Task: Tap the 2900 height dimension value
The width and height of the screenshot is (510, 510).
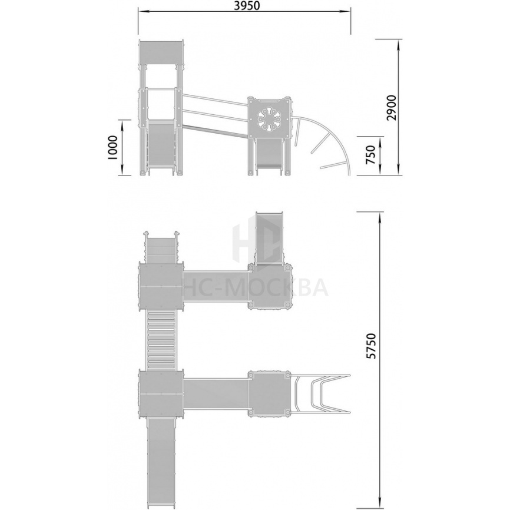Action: tap(392, 108)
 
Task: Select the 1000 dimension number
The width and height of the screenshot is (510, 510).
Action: tap(112, 147)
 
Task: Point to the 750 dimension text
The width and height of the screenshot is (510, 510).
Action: tap(371, 155)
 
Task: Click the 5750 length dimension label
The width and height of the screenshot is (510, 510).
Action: tap(371, 346)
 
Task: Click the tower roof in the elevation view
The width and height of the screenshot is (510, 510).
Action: tap(161, 52)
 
